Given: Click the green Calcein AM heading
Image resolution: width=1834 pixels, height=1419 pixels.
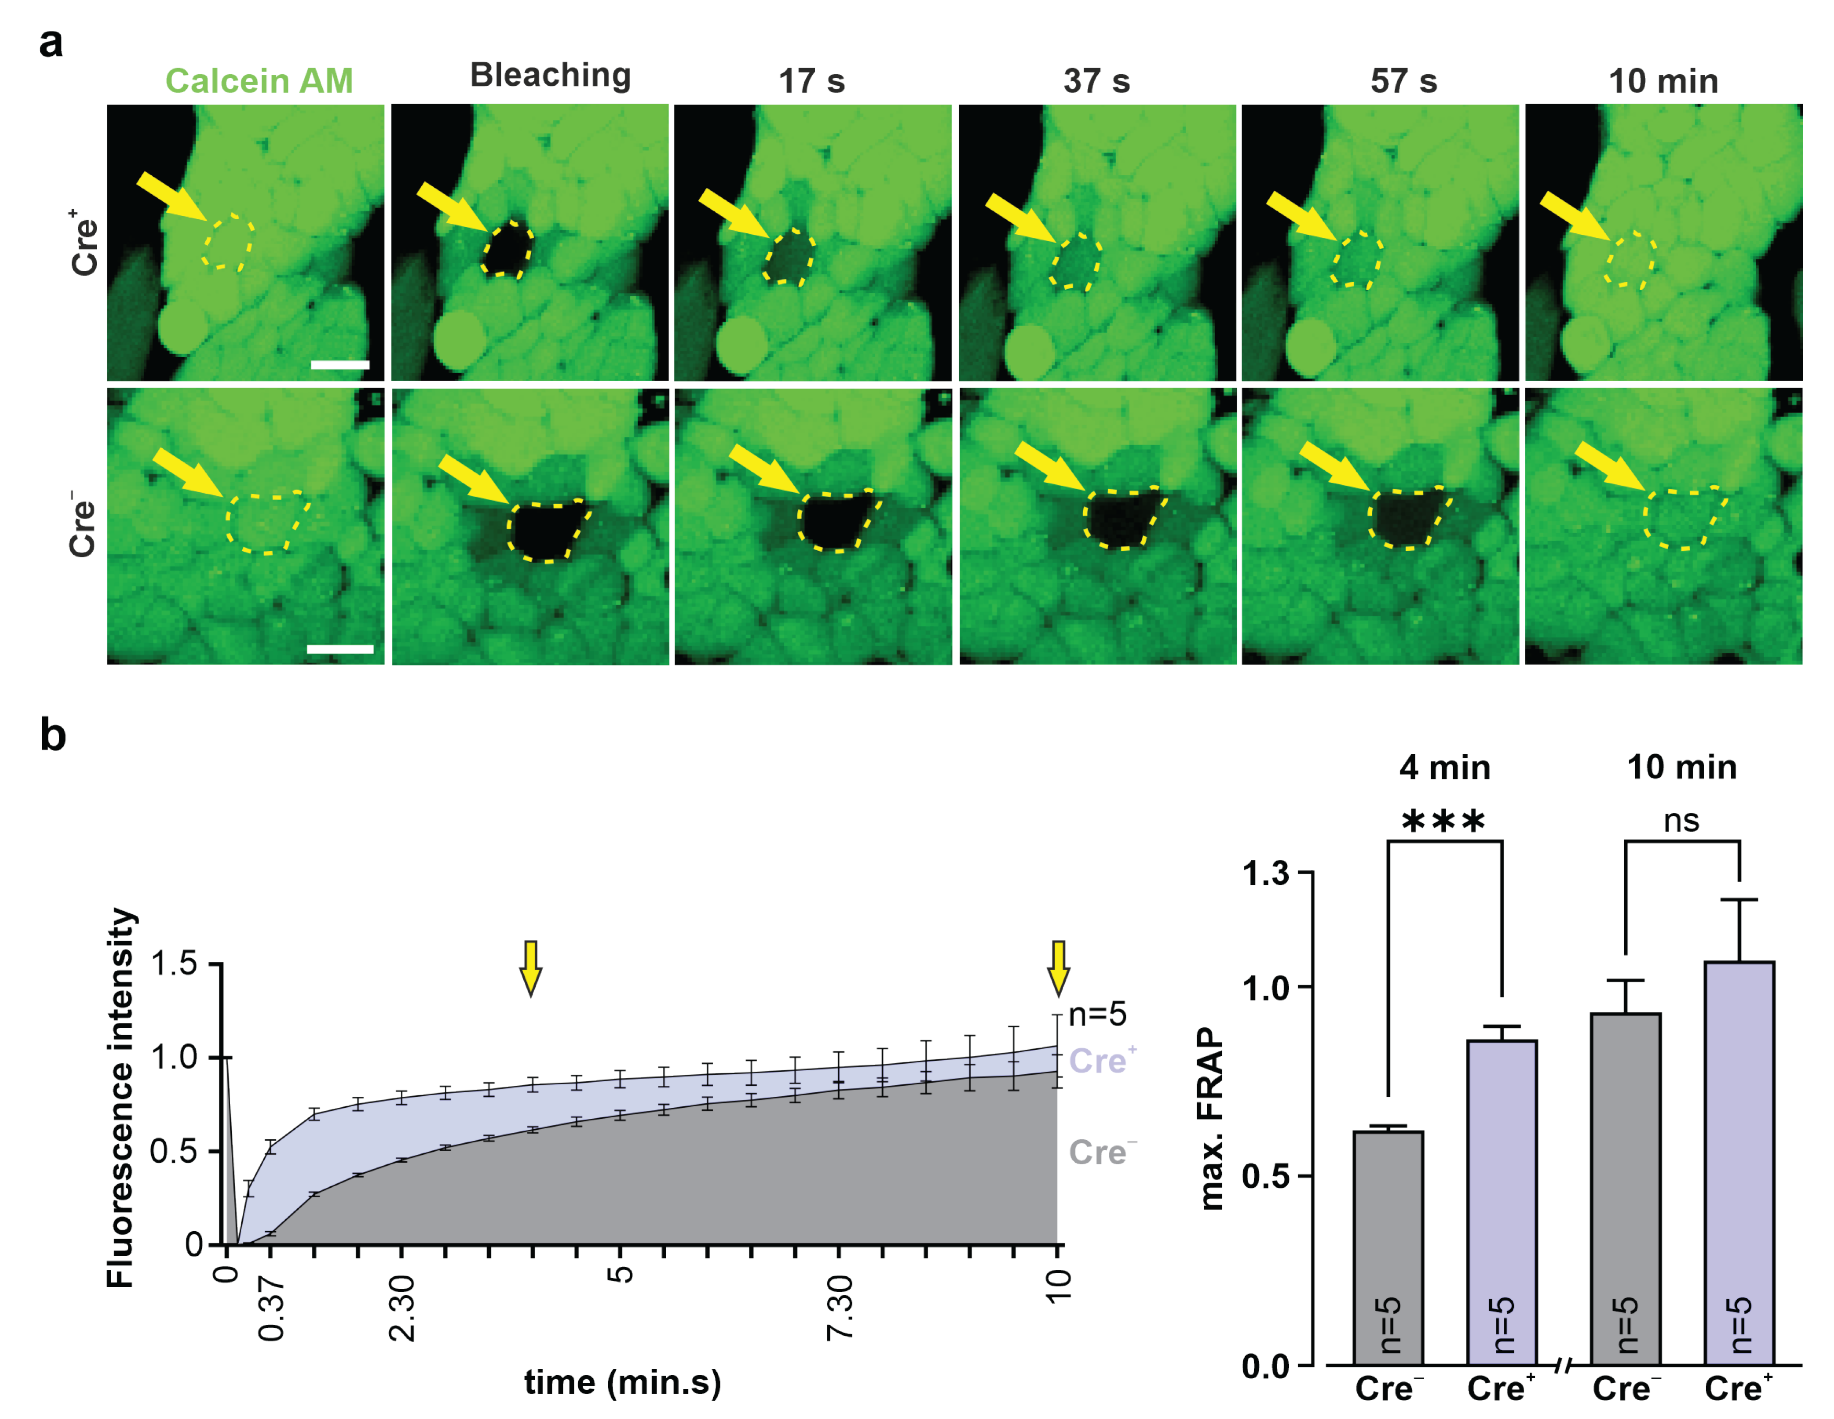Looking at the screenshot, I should pyautogui.click(x=258, y=82).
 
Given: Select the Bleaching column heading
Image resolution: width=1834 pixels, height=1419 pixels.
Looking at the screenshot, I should pyautogui.click(x=550, y=75).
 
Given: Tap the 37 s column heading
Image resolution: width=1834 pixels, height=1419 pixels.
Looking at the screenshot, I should pyautogui.click(x=1096, y=82).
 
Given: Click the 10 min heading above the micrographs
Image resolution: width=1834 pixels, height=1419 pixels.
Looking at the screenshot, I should pyautogui.click(x=1663, y=82).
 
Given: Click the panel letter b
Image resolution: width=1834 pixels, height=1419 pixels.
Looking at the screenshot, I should pyautogui.click(x=53, y=735).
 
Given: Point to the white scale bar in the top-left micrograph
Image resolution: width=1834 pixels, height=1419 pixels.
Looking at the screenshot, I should pyautogui.click(x=340, y=365).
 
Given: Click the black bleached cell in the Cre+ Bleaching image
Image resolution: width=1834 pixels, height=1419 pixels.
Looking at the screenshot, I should pyautogui.click(x=508, y=249).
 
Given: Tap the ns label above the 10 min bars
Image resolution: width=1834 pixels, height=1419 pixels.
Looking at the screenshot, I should pyautogui.click(x=1681, y=821).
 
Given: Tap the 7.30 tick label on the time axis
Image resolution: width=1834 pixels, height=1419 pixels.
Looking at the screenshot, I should pyautogui.click(x=839, y=1307).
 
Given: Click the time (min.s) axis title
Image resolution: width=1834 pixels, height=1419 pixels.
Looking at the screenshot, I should pyautogui.click(x=622, y=1383).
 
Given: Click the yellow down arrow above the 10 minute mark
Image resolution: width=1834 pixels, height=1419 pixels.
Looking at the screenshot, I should pyautogui.click(x=1058, y=968).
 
